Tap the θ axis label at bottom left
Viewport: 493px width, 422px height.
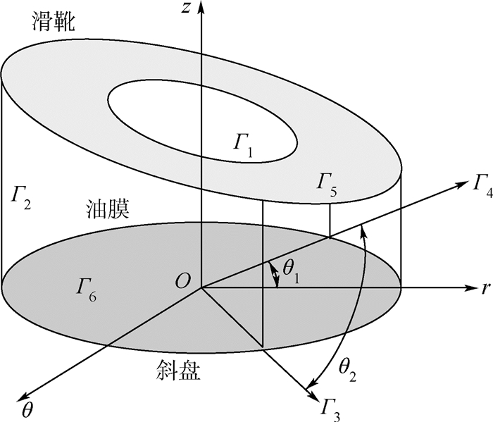click(28, 409)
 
